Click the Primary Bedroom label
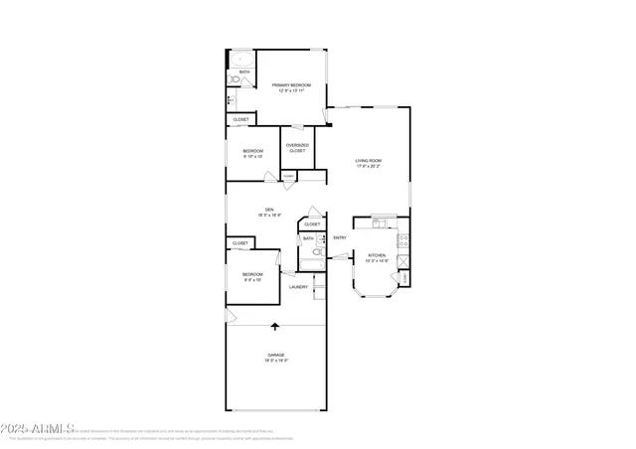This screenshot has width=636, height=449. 291,85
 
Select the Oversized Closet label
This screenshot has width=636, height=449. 297,148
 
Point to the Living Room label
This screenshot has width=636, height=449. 369,160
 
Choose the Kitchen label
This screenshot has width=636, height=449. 377,255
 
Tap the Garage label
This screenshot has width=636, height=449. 275,355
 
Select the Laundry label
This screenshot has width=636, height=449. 298,287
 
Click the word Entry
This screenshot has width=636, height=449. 340,237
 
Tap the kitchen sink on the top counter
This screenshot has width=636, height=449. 383,220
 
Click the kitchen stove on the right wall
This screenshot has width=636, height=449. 403,241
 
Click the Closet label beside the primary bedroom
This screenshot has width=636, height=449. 240,119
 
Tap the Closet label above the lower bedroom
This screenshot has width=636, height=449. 240,242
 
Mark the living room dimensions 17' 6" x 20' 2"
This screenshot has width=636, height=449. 369,167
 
